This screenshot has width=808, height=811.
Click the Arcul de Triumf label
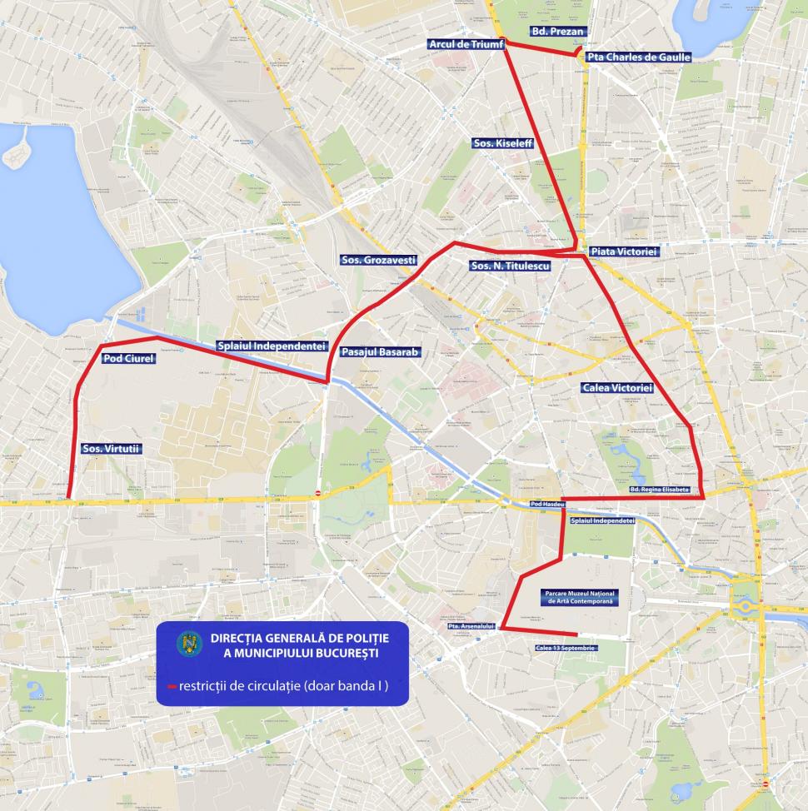coord(466,44)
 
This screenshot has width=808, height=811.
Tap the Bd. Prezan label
coord(558,32)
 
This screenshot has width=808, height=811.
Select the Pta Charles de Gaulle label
coord(638,57)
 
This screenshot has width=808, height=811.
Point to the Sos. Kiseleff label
coord(501,143)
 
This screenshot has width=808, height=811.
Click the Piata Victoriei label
coord(624,251)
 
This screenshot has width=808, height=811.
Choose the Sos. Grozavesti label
coord(378,260)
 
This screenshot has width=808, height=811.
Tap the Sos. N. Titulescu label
coord(509,266)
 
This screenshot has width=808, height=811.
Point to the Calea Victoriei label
coord(616,388)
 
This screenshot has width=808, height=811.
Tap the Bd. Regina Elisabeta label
coord(659,490)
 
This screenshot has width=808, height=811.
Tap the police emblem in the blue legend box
coord(189,644)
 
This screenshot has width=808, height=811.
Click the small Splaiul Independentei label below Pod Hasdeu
coord(602,520)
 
